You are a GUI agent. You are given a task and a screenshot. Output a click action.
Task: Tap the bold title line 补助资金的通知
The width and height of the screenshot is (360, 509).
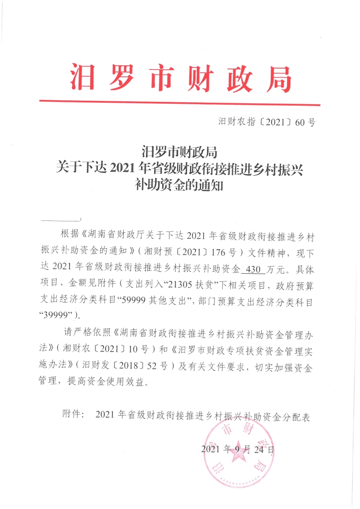(180, 185)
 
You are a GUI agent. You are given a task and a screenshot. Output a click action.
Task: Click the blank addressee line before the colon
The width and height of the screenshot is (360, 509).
(60, 219)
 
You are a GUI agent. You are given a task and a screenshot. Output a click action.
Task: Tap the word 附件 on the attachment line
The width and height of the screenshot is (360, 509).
(73, 415)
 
